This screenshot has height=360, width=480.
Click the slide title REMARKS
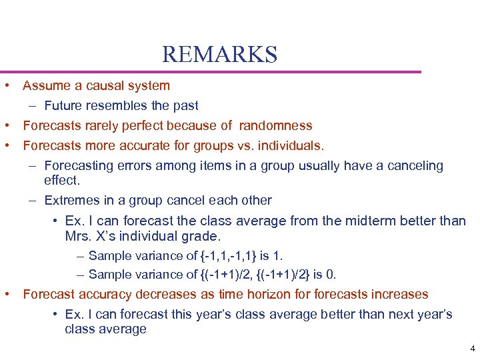tap(219, 54)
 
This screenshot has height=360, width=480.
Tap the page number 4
tap(472, 349)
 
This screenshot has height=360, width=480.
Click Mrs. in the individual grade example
tap(79, 237)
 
